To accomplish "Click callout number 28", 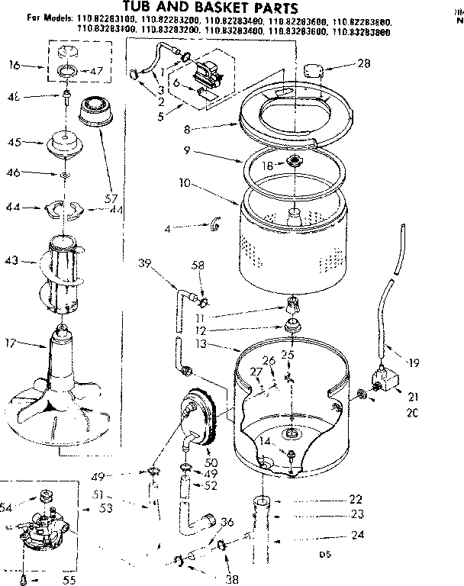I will (363, 65).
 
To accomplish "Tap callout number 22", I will (354, 499).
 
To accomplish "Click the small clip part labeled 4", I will (214, 224).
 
